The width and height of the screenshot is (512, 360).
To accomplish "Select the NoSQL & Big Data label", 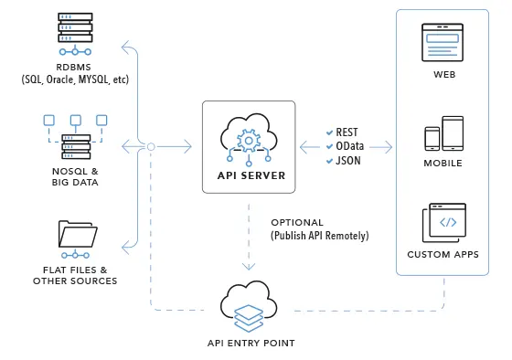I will pyautogui.click(x=76, y=175).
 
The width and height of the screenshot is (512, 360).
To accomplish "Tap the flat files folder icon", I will pyautogui.click(x=76, y=236).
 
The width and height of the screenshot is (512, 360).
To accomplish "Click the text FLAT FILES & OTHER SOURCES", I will pyautogui.click(x=76, y=275).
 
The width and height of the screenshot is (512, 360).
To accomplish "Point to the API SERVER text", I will pyautogui.click(x=249, y=175).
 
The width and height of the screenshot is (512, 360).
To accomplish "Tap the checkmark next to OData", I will pyautogui.click(x=331, y=146).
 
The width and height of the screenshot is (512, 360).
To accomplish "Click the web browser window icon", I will pyautogui.click(x=443, y=42).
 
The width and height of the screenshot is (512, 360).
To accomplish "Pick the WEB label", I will pyautogui.click(x=444, y=75).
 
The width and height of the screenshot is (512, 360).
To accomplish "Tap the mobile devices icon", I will pyautogui.click(x=444, y=133).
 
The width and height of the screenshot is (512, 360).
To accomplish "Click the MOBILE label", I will pyautogui.click(x=444, y=164).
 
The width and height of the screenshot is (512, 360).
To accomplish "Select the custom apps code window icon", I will pyautogui.click(x=445, y=222).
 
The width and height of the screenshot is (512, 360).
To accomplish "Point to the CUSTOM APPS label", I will pyautogui.click(x=444, y=254).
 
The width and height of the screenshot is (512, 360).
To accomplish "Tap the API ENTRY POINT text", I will pyautogui.click(x=250, y=343).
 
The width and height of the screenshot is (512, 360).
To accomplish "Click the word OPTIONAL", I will pyautogui.click(x=297, y=223).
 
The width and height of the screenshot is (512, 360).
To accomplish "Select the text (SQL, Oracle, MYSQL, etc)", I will pyautogui.click(x=76, y=80).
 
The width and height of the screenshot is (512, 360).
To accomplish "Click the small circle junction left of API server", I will pyautogui.click(x=151, y=146).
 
